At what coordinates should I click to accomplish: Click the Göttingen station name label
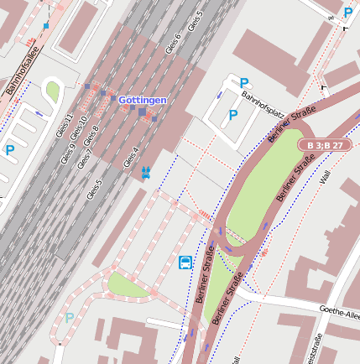click(143, 100)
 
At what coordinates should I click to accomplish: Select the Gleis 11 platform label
click(65, 126)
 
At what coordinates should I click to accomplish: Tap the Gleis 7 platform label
click(85, 159)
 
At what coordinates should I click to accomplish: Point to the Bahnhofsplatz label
click(259, 105)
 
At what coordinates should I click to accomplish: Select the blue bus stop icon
click(185, 263)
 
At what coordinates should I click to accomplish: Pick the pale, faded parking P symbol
click(70, 318)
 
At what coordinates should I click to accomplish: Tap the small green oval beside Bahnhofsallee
click(52, 91)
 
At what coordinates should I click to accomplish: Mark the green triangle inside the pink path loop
click(128, 286)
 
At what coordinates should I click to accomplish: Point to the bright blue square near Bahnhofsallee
click(46, 26)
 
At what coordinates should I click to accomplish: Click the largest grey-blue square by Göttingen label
click(143, 112)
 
